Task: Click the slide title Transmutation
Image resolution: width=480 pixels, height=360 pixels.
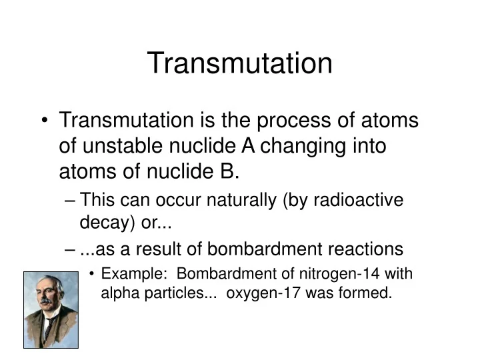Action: click(239, 63)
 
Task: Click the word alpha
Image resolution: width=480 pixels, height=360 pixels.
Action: click(119, 293)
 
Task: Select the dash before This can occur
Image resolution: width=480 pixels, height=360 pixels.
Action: click(71, 201)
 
